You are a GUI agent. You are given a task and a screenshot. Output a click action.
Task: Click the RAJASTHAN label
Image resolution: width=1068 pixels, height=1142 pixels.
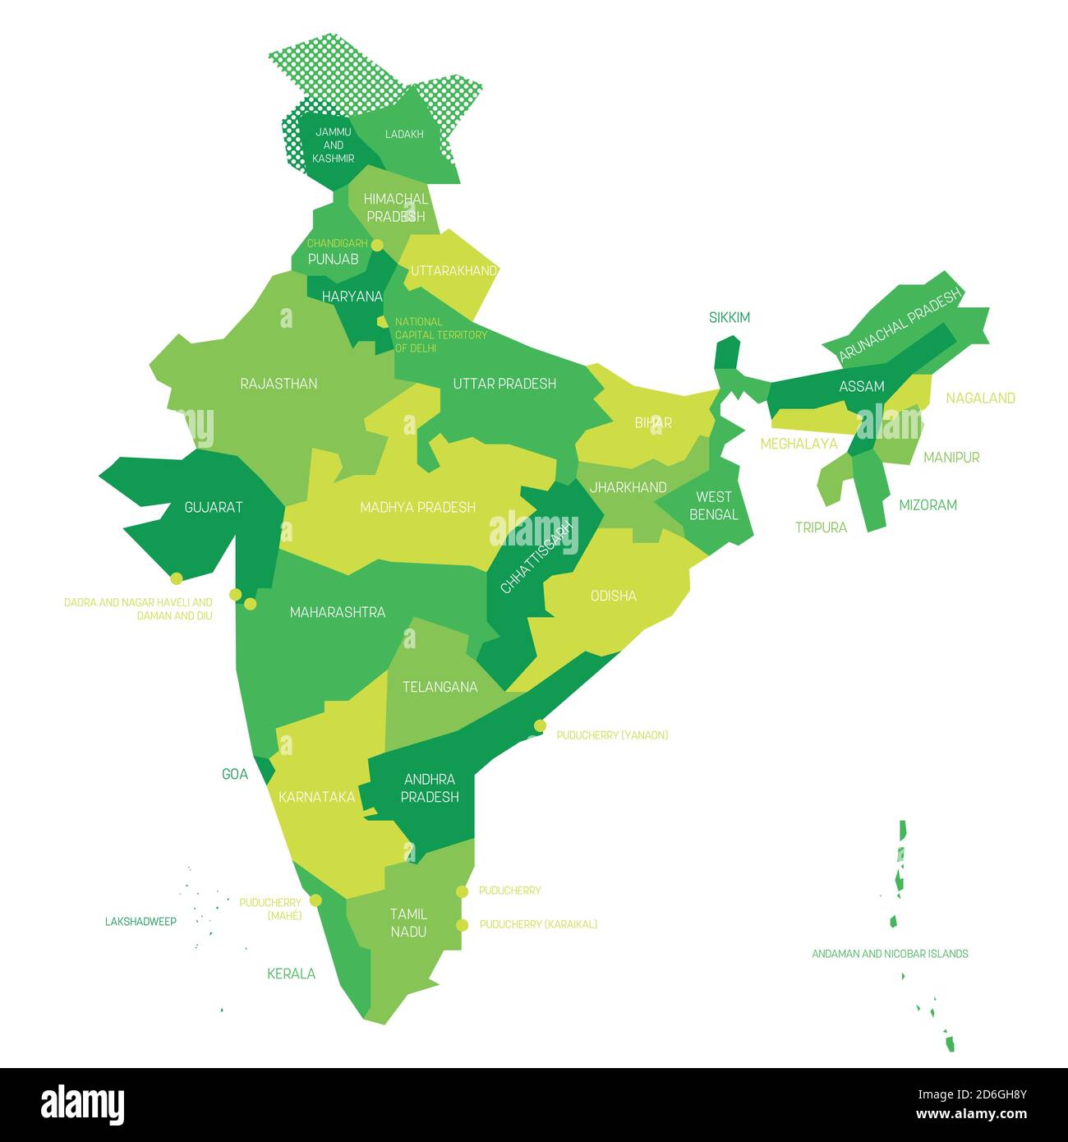tap(279, 384)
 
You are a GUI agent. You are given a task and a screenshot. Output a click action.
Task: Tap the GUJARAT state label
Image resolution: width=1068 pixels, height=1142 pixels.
tap(213, 507)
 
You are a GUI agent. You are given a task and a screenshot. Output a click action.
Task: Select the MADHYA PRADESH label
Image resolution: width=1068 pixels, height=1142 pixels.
tap(417, 507)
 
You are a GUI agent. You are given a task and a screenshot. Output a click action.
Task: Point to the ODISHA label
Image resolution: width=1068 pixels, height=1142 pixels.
tap(613, 596)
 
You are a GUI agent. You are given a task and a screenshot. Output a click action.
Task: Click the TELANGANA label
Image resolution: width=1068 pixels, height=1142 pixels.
tap(440, 687)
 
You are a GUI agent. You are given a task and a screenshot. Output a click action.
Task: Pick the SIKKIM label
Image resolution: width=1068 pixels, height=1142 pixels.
tap(730, 317)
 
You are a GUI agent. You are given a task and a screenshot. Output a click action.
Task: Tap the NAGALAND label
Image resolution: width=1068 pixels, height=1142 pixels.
tap(980, 398)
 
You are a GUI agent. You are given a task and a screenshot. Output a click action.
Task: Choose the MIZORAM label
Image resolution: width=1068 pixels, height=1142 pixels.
tap(928, 504)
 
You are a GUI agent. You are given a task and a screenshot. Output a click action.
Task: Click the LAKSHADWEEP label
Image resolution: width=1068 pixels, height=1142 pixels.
tap(140, 921)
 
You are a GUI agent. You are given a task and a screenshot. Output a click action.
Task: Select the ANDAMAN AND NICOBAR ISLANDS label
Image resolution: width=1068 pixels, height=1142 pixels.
tap(890, 954)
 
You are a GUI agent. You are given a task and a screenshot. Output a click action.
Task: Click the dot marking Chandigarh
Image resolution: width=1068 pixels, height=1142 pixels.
tap(377, 245)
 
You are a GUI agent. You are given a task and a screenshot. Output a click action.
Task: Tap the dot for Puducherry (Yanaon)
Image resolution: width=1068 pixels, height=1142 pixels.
tap(540, 725)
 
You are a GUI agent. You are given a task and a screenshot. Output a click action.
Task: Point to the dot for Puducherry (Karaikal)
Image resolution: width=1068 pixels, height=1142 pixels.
tap(463, 925)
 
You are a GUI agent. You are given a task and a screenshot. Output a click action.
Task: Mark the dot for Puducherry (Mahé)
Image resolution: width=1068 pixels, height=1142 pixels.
tap(315, 900)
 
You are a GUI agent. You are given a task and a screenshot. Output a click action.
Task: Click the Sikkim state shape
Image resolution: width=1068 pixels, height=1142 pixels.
tap(726, 353)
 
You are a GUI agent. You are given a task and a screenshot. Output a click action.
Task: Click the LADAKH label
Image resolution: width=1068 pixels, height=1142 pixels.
tap(404, 134)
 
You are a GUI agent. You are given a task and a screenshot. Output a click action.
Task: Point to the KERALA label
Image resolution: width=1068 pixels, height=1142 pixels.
tap(291, 974)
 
